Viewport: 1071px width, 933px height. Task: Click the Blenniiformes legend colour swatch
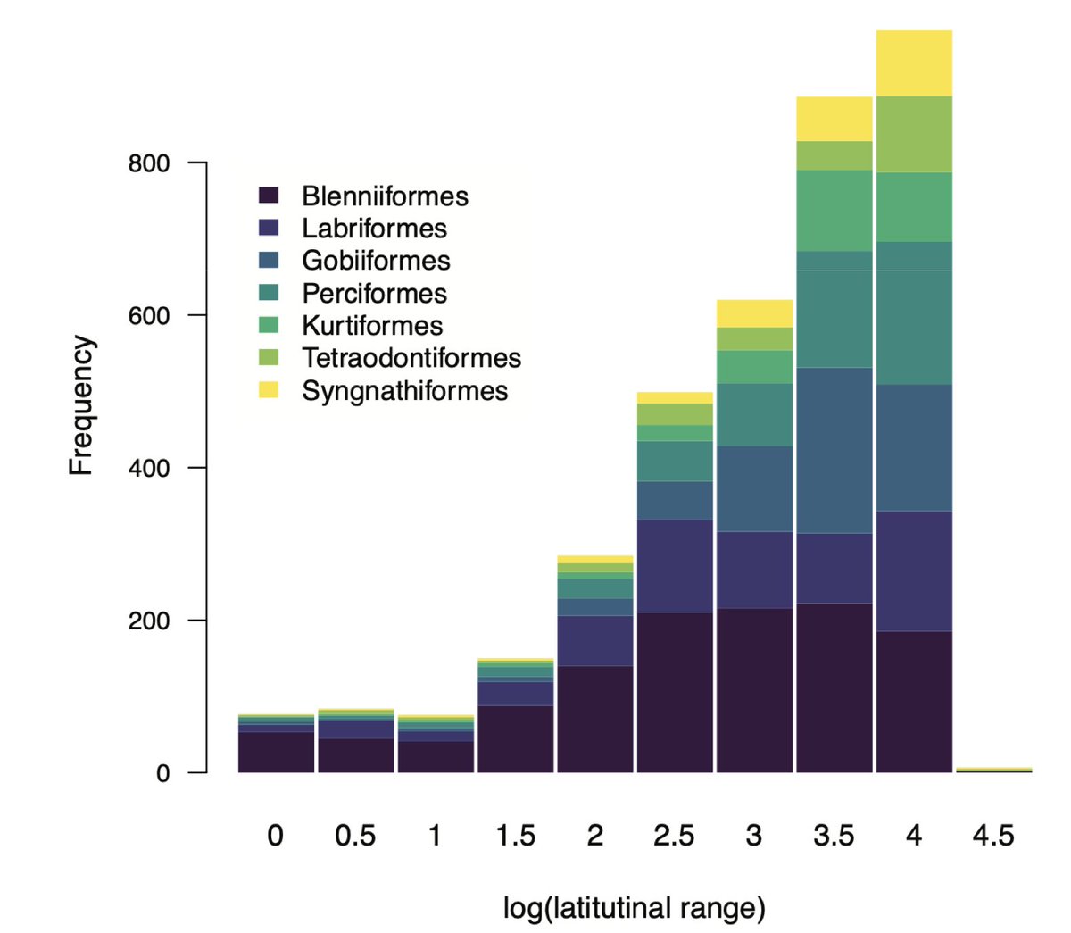pos(269,196)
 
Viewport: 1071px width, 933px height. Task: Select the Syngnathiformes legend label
pos(404,391)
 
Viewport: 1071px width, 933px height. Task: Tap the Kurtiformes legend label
pos(372,326)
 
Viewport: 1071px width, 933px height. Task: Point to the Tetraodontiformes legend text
pos(411,358)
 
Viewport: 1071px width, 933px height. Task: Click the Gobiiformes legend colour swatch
pos(269,261)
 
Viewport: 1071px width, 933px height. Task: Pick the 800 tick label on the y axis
pos(148,163)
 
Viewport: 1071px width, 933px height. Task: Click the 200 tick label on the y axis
pos(148,621)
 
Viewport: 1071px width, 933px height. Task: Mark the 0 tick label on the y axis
pos(162,773)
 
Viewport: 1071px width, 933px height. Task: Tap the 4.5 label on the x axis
pos(992,836)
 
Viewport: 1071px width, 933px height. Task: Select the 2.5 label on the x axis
pos(673,836)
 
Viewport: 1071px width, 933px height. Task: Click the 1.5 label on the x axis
pos(515,836)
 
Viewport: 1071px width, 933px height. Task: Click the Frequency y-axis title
pos(81,405)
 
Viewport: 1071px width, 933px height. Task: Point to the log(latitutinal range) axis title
pos(634,909)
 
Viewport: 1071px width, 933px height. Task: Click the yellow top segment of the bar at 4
pos(914,62)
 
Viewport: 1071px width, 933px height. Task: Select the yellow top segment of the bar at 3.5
pos(834,119)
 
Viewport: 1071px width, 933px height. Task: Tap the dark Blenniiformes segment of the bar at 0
pos(276,752)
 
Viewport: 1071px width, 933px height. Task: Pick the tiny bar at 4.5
pos(993,769)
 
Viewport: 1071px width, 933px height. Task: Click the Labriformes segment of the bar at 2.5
pos(674,565)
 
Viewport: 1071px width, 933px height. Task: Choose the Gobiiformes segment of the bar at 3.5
pos(834,450)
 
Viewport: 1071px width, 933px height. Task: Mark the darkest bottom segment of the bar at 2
pos(594,719)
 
